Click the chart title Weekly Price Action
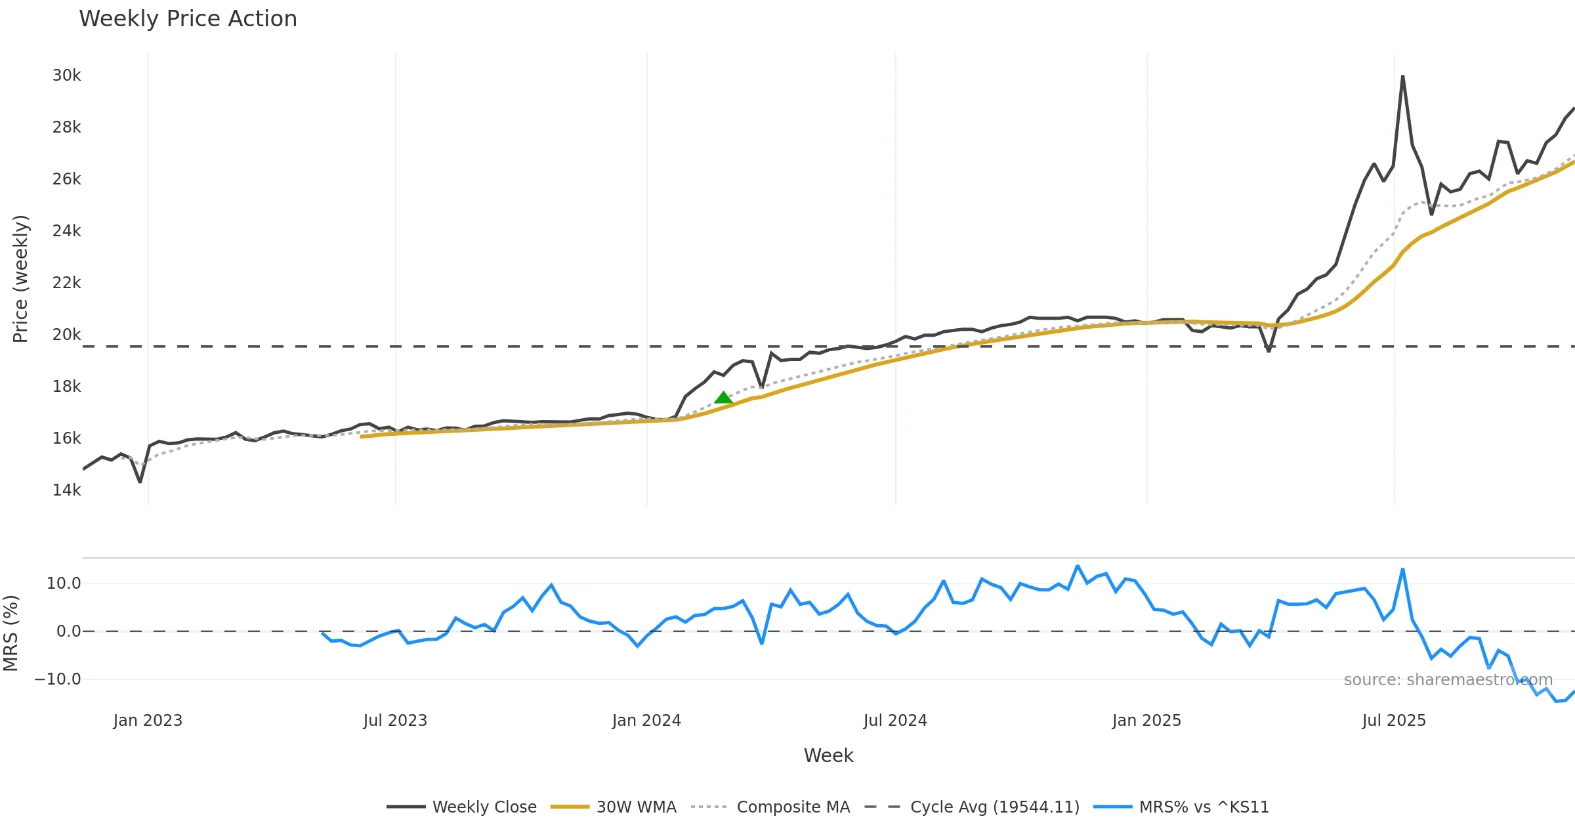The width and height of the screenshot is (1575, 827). click(x=188, y=19)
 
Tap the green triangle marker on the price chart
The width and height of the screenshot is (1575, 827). click(x=723, y=398)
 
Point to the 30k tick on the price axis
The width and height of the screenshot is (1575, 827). click(x=66, y=75)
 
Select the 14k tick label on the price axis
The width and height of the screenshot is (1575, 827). click(x=66, y=490)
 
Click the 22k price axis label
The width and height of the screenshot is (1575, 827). click(x=66, y=283)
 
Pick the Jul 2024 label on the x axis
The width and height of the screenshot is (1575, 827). click(x=895, y=721)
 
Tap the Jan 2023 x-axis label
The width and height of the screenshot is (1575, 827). click(x=148, y=721)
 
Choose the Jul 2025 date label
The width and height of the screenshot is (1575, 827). click(x=1394, y=721)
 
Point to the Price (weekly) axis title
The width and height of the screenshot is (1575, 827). click(x=20, y=279)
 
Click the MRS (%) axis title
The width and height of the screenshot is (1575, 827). click(x=10, y=633)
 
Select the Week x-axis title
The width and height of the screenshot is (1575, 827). click(x=828, y=756)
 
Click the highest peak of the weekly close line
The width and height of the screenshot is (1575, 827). click(x=1402, y=77)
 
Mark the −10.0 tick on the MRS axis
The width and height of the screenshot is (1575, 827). click(x=58, y=679)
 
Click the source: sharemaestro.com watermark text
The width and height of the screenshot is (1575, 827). click(x=1448, y=680)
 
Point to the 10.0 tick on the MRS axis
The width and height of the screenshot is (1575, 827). click(x=63, y=583)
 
